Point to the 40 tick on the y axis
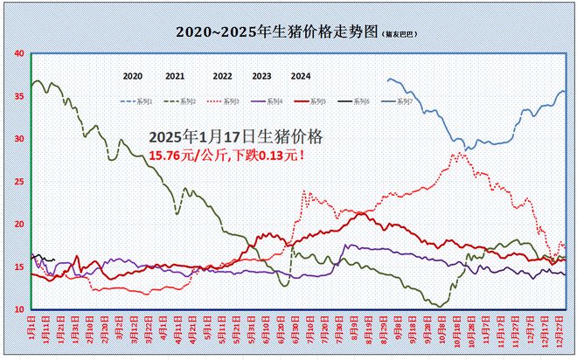(19, 53)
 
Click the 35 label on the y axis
(19, 96)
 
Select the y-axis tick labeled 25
(19, 182)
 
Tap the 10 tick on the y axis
(19, 309)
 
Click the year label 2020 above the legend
(133, 76)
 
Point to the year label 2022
(222, 76)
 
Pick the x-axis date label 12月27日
(560, 330)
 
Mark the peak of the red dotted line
(459, 154)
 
